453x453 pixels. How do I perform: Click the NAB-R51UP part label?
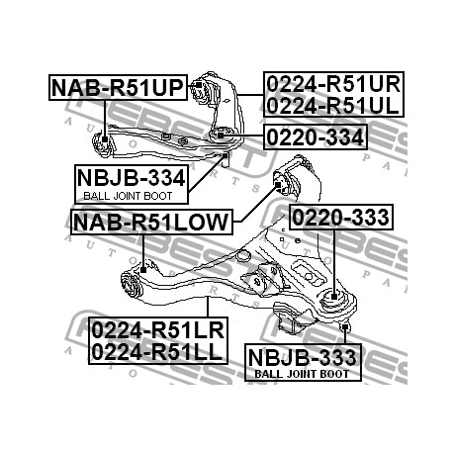(118, 88)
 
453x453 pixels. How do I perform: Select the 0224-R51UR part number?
(333, 84)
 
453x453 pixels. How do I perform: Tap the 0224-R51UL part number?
(332, 106)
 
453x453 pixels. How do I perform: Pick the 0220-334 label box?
(316, 136)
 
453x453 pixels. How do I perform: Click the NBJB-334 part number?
(132, 178)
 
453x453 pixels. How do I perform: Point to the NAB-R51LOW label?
(151, 222)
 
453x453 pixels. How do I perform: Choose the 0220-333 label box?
(341, 217)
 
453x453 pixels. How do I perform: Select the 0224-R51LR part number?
(157, 329)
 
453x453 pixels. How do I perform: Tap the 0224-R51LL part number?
(156, 351)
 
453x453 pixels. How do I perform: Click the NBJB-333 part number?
(303, 357)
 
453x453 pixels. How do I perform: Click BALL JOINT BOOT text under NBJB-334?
(128, 196)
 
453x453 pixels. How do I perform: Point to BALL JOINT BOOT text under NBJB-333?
(302, 374)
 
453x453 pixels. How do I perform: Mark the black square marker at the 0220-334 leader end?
(221, 135)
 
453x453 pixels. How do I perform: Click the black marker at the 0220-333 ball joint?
(334, 296)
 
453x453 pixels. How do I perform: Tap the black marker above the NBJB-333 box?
(345, 327)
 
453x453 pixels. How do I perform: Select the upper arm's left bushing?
(101, 143)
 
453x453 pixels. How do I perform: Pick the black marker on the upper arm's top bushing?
(199, 85)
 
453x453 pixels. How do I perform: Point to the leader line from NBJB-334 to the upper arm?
(207, 174)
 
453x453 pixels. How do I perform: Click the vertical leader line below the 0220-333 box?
(334, 261)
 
